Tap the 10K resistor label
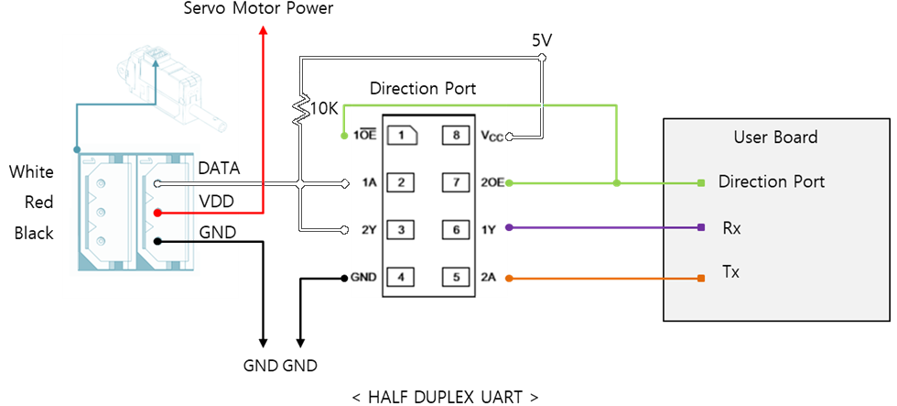pos(325,108)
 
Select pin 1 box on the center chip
pos(401,136)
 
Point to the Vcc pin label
pos(492,136)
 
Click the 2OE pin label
pos(492,181)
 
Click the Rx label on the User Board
pos(731,228)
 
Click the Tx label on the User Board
pos(731,272)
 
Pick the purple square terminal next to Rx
pos(700,227)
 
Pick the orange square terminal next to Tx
pos(700,278)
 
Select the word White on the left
pos(31,172)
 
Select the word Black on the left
pos(34,234)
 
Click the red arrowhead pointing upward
pos(264,30)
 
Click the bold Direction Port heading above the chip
pos(423,89)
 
